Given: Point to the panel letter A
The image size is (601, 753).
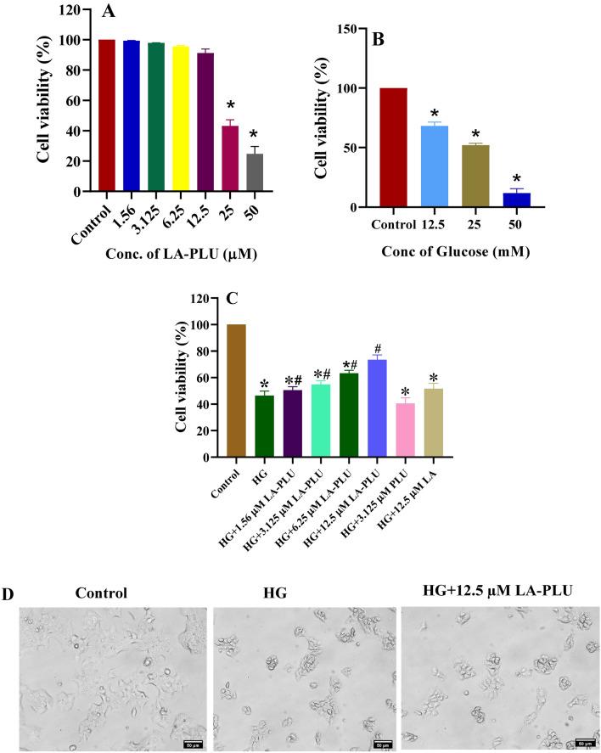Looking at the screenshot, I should (109, 12).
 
